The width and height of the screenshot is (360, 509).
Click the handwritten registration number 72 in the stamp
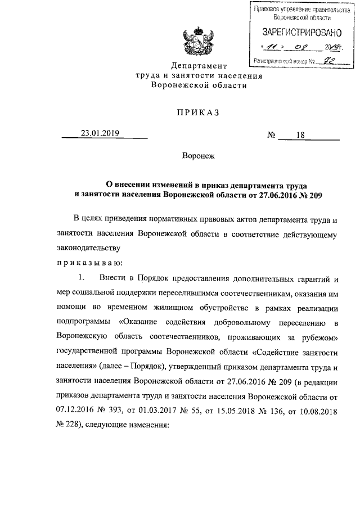323,59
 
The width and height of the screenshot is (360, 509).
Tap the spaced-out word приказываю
93,262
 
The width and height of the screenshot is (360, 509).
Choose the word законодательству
88,247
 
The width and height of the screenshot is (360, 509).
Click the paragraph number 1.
82,277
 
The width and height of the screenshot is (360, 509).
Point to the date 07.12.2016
78,412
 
